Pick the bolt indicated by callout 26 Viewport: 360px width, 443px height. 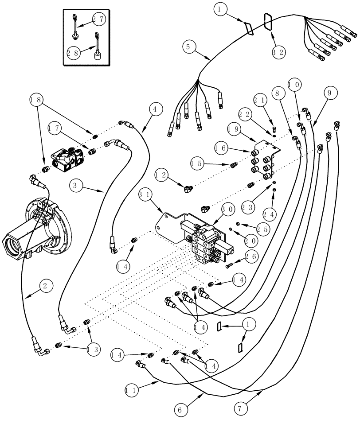point(230,266)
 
